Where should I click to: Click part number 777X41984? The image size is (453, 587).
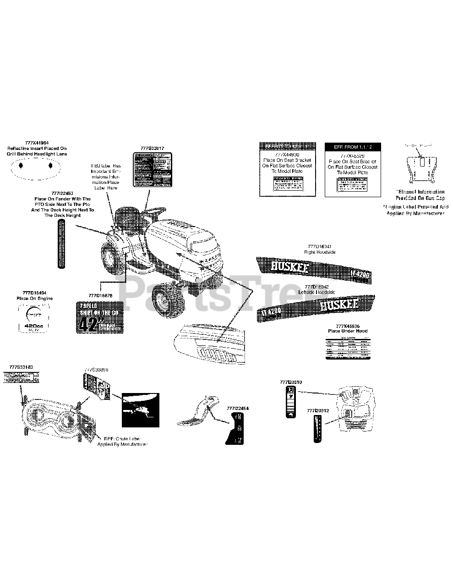tap(36, 143)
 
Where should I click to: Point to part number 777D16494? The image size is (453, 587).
tap(34, 292)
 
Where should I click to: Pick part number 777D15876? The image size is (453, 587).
tap(99, 296)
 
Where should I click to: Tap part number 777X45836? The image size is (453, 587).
tap(348, 325)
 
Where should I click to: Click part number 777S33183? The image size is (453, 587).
tap(21, 367)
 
